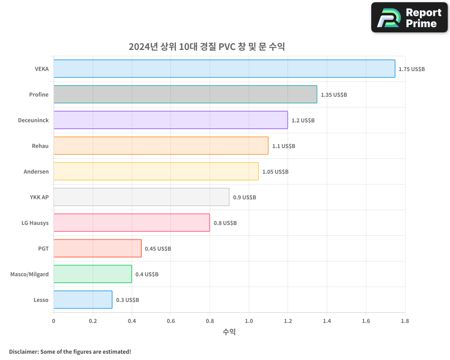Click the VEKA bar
click(224, 69)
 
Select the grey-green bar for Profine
click(185, 94)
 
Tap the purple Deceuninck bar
click(171, 120)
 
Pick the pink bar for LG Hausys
click(131, 223)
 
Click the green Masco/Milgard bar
click(93, 274)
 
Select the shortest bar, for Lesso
click(83, 300)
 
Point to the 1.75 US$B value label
click(412, 69)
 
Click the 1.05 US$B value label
click(275, 172)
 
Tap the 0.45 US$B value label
click(158, 249)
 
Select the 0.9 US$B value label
click(244, 198)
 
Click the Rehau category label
click(40, 146)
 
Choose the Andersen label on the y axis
click(36, 171)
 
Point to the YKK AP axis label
click(39, 197)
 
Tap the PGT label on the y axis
click(43, 248)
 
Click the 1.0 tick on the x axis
click(249, 321)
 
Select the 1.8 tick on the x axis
click(405, 321)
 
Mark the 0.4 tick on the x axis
click(132, 321)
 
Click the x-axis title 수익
click(229, 332)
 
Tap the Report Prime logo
click(409, 18)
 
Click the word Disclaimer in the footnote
click(23, 351)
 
